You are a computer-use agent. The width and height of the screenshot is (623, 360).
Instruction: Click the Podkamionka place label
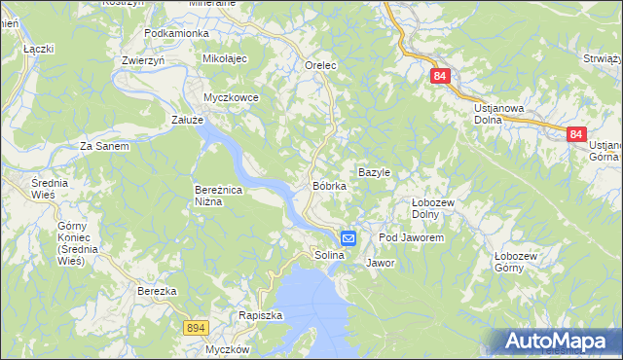point(176,33)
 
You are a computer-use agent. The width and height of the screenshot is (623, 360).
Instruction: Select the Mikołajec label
point(226,59)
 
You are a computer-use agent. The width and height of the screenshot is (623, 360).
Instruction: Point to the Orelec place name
point(320,65)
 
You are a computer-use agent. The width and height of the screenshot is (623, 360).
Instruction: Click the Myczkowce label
point(231,97)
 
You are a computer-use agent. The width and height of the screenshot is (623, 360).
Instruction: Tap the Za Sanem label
point(104,146)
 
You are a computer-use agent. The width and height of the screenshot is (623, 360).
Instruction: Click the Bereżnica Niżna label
point(223,196)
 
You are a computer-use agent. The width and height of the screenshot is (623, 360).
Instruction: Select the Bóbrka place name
point(329,185)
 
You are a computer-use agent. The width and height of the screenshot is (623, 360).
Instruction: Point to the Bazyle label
point(374,172)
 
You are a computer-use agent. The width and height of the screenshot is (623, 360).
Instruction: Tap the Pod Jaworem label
point(412,238)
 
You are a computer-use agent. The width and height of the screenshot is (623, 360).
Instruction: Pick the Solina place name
point(330,255)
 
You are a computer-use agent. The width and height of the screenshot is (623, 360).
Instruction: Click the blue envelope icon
point(348,237)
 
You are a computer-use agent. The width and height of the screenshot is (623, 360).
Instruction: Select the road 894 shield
point(195,330)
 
